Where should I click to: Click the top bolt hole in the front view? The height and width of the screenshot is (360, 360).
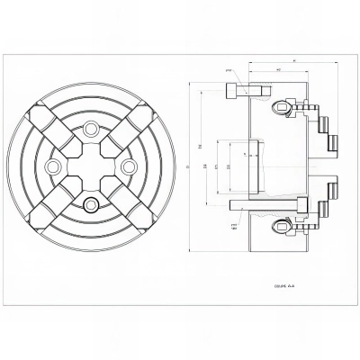coord(90,130)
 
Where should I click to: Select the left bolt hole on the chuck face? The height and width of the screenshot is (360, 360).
coord(52,166)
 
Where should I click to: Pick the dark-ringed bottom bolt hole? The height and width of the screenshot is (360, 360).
coord(90,204)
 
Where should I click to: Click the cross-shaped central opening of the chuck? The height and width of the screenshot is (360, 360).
coord(90,166)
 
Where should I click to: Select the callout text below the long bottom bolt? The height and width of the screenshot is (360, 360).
coord(234,228)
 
